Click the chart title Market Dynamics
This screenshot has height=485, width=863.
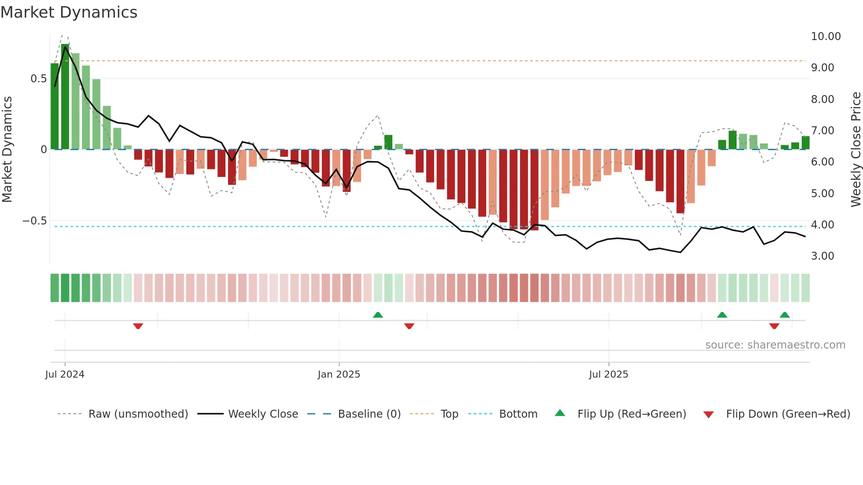click(69, 12)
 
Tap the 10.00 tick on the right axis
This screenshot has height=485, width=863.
click(826, 37)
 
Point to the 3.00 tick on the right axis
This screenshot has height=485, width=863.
click(822, 256)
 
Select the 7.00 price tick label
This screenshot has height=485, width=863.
click(822, 131)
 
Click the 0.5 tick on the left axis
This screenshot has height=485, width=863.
click(38, 79)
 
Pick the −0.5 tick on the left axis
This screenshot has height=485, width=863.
click(35, 221)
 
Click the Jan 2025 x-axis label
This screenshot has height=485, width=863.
click(339, 375)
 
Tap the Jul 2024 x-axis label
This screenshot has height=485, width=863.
click(65, 375)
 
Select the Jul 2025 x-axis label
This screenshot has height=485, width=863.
click(609, 375)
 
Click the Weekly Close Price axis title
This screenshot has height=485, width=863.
click(856, 150)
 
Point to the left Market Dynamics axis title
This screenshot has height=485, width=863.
click(7, 150)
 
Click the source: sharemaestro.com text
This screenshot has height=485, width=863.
click(775, 345)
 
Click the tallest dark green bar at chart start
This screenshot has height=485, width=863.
click(65, 97)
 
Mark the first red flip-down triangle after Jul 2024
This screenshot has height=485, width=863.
click(138, 326)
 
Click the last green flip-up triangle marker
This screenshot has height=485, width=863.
click(785, 315)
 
